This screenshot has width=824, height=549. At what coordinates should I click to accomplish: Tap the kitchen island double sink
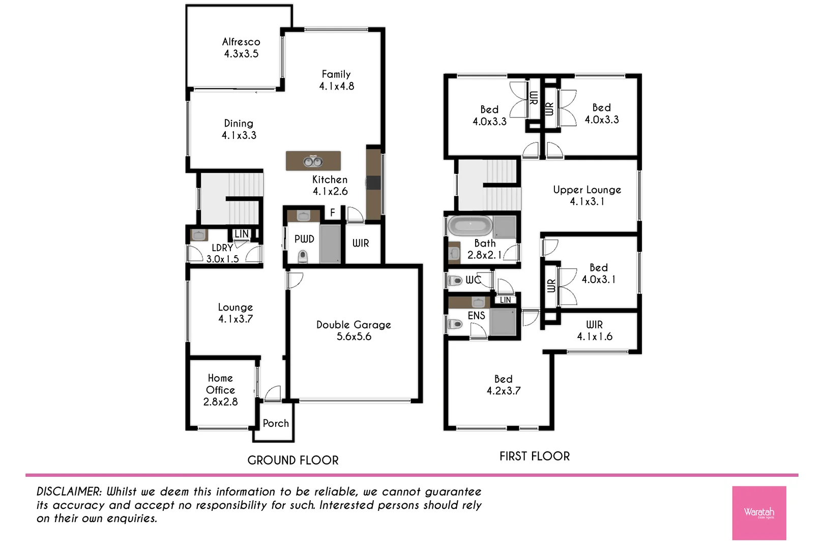313,162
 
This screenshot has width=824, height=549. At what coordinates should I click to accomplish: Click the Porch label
276,423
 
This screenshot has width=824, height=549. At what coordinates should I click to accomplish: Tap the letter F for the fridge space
333,212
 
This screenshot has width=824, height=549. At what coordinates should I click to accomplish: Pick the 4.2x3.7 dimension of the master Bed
504,391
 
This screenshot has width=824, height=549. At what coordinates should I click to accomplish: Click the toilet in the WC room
455,280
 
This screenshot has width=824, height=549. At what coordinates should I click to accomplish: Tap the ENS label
476,316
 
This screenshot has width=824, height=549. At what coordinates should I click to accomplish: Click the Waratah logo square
759,513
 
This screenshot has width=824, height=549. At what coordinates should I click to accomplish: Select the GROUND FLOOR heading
293,461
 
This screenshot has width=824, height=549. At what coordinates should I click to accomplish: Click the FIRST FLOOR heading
535,456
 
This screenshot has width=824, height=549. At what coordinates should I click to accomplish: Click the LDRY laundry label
222,248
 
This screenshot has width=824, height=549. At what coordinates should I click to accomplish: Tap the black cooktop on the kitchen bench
373,182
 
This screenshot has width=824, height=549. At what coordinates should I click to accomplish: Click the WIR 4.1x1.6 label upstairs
594,330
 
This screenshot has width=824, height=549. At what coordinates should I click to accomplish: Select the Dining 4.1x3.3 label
239,129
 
